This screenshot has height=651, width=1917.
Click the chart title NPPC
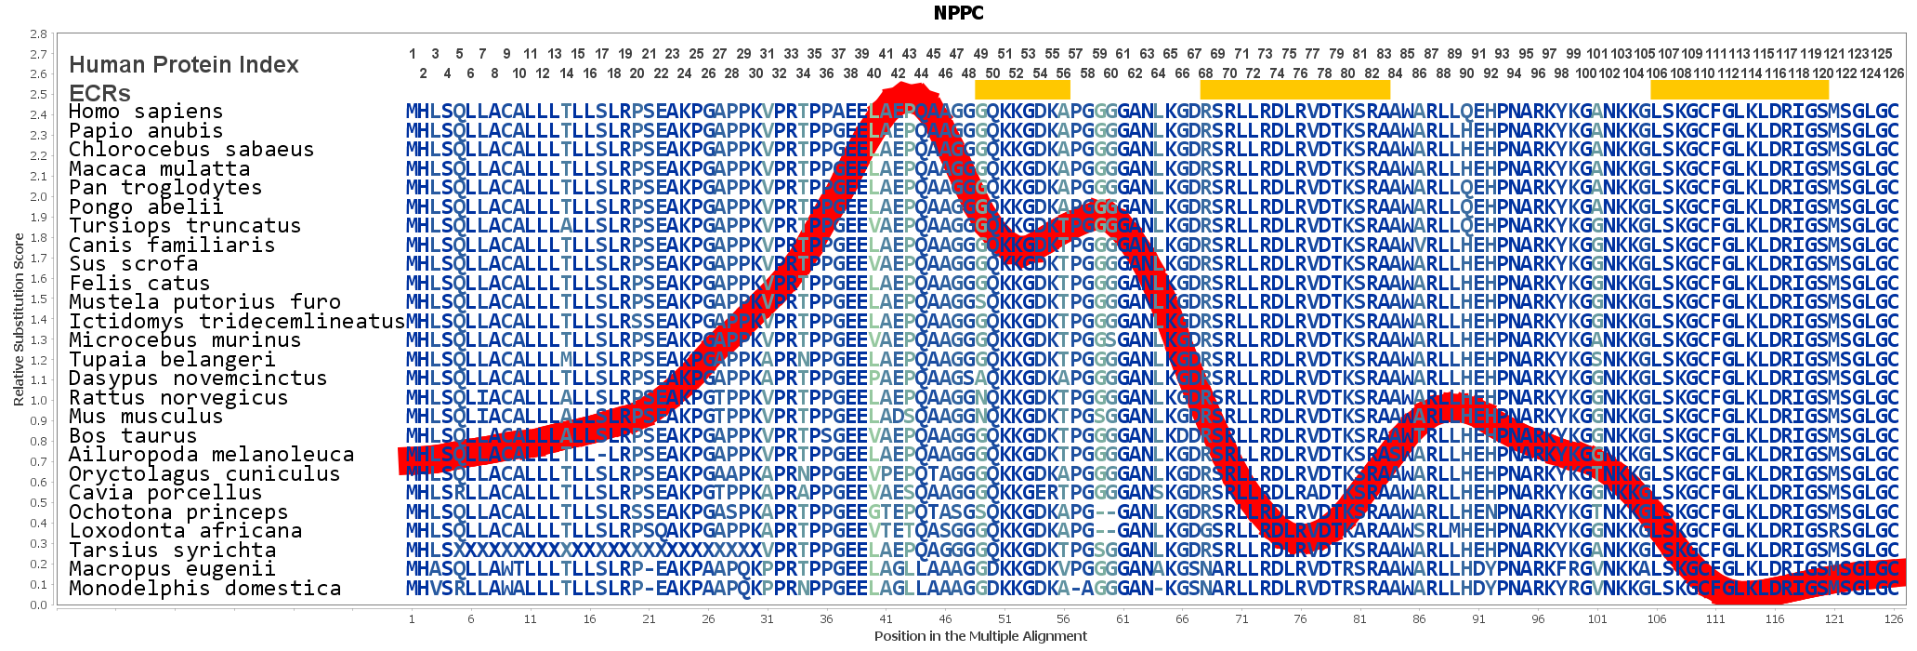click(x=958, y=13)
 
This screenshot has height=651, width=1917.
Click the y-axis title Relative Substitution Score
click(x=19, y=320)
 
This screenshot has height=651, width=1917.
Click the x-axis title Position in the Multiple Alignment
click(x=979, y=636)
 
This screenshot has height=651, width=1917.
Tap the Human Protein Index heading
click(x=184, y=65)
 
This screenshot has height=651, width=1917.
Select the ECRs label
click(x=99, y=93)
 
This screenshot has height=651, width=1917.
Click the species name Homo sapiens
click(x=146, y=112)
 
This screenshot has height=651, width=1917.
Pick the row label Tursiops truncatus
click(x=185, y=226)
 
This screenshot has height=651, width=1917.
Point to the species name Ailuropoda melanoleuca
click(x=211, y=455)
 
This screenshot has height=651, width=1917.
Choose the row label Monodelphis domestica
click(x=204, y=589)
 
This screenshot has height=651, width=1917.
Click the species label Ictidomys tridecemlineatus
click(x=237, y=321)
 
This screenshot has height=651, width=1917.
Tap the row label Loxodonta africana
click(x=185, y=531)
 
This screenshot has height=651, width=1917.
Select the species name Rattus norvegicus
click(x=178, y=398)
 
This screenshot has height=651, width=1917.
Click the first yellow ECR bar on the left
click(x=1022, y=89)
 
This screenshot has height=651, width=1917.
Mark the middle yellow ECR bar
click(x=1294, y=89)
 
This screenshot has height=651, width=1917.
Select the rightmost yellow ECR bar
click(x=1739, y=89)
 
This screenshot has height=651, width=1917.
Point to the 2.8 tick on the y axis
click(x=38, y=34)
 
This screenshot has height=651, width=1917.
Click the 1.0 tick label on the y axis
click(x=38, y=401)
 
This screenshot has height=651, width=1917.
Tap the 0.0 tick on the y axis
click(x=38, y=605)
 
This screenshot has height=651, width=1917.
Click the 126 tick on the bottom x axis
click(x=1894, y=618)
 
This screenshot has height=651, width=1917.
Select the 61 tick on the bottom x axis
click(x=1123, y=618)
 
